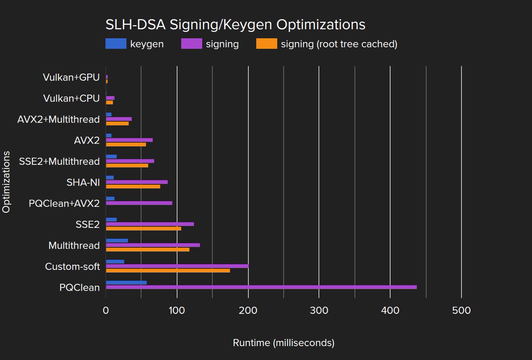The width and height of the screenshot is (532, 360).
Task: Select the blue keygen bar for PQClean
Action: tap(126, 282)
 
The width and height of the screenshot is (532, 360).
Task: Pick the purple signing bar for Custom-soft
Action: tap(177, 266)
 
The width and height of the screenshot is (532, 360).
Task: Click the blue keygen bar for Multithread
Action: tap(117, 240)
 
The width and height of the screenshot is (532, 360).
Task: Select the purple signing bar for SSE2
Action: tap(149, 224)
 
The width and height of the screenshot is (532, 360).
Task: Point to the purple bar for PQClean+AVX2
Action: tap(139, 203)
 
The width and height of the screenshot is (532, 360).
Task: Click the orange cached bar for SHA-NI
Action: tap(133, 186)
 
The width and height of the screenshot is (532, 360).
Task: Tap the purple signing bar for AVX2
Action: tap(129, 140)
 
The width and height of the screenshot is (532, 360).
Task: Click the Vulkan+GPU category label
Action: tap(71, 77)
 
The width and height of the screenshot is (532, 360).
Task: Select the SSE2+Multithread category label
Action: tap(59, 161)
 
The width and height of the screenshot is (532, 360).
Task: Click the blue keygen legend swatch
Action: tap(116, 44)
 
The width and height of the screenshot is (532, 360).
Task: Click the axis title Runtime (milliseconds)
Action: tap(283, 343)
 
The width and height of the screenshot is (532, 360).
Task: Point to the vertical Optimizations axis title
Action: tap(6, 182)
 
